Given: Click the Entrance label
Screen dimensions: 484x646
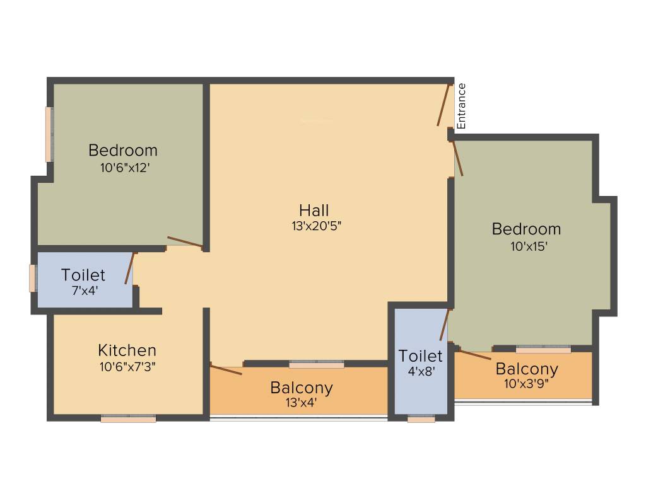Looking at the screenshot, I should coord(461,106).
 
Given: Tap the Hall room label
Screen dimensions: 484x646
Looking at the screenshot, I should coord(314,210).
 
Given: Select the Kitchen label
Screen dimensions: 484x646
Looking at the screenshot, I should coord(127,350).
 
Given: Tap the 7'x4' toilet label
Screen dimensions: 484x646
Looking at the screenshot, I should coord(84,291).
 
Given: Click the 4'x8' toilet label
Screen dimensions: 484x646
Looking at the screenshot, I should coord(420,371).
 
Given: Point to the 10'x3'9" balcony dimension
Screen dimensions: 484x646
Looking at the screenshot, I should coord(527,383).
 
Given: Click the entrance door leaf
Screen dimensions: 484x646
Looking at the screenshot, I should coord(443,104).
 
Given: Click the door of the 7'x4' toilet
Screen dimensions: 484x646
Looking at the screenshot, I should coord(129,268).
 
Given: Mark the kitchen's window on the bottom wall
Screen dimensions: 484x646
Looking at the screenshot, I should coord(128,418).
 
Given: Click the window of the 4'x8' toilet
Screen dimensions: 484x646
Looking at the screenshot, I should coord(421,418).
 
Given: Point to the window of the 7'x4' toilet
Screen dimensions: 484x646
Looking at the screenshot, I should coord(32,278).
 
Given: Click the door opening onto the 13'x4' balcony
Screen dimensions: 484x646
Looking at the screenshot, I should coord(226,369).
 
